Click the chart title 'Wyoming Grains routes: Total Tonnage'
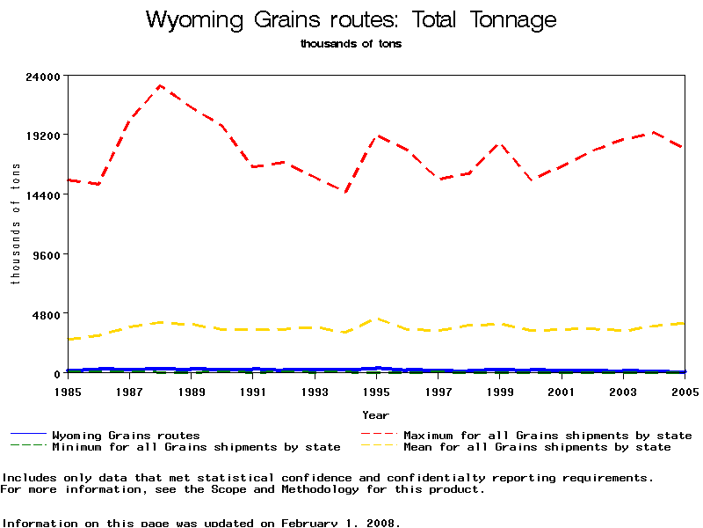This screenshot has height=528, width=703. [351, 19]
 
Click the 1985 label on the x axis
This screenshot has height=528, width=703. [68, 391]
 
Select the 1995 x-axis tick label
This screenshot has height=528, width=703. [376, 391]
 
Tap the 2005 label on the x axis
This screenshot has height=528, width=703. [685, 391]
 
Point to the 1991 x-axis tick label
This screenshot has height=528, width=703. [253, 391]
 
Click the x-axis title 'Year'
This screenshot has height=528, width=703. [375, 414]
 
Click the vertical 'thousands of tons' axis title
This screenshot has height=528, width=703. [15, 224]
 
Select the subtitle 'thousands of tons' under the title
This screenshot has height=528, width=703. [351, 44]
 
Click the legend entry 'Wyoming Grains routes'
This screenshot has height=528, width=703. [126, 436]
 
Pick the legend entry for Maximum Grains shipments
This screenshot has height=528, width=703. [547, 436]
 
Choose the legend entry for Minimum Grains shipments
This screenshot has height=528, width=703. [196, 447]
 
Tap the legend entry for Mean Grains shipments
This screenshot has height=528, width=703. [537, 447]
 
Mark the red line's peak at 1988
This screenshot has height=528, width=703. [160, 85]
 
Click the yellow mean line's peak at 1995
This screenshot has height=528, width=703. [376, 319]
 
